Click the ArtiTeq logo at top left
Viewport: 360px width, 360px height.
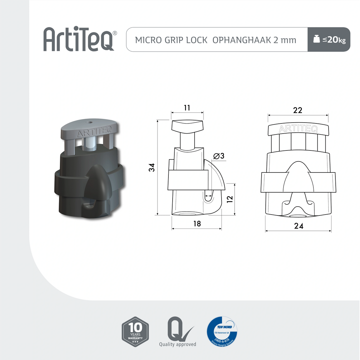pos(79,39)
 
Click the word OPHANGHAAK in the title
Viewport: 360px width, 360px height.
pos(242,40)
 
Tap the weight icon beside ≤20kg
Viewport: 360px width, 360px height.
pos(316,39)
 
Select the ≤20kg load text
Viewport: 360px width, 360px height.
pos(334,39)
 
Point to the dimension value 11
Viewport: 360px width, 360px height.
pos(187,108)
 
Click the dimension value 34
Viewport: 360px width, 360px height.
pos(152,167)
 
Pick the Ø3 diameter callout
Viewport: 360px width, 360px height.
pos(219,156)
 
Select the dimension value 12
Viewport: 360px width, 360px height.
pos(230,199)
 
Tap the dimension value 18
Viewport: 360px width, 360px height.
pos(197,223)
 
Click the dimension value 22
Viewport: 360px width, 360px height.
pos(297,110)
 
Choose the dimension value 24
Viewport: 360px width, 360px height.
pos(299,226)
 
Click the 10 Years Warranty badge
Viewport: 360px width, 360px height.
pos(135,332)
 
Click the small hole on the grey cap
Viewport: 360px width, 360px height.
pos(88,122)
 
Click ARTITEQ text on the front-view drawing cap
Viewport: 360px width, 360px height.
pos(298,129)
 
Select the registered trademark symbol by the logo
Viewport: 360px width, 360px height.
pos(115,33)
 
